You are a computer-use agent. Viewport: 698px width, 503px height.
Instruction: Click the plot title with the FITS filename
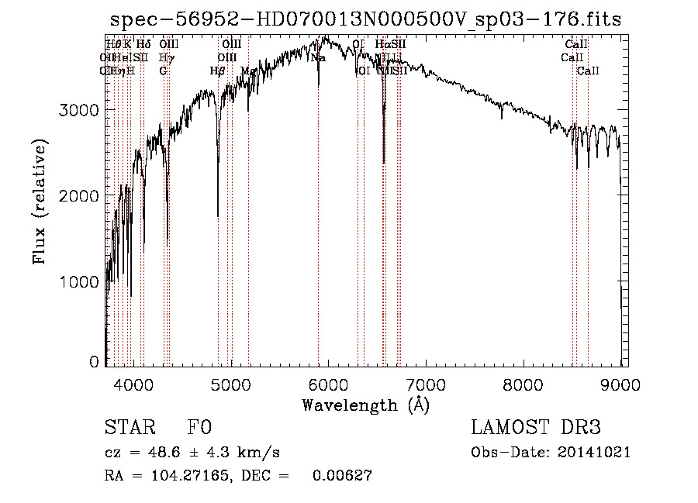365,19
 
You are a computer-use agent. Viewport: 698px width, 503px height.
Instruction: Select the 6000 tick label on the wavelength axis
329,384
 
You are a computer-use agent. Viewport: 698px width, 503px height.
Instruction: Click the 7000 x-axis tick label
426,384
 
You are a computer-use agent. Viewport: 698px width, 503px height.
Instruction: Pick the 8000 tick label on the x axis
523,384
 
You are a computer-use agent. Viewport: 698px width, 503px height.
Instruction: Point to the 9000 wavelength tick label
620,384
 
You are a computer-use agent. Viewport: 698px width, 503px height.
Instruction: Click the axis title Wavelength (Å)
365,405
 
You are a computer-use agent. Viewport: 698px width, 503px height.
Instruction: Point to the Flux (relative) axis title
40,202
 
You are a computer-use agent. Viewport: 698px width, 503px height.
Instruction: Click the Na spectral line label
318,57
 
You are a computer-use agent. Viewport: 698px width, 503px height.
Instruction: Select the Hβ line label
217,71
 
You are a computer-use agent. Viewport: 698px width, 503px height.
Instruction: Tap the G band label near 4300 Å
163,71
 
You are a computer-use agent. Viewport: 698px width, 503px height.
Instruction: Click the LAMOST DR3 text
536,428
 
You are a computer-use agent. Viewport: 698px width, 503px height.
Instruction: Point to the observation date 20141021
594,453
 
